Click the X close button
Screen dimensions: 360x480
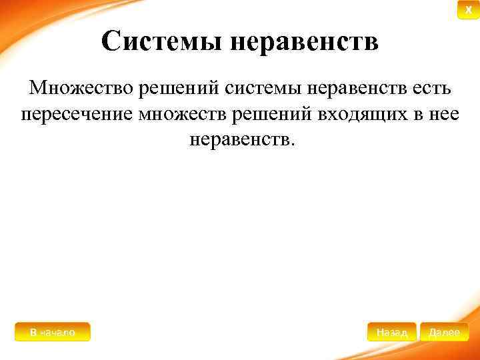(x=467, y=10)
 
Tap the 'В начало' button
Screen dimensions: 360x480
(x=52, y=331)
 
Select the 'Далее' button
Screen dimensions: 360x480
(x=445, y=331)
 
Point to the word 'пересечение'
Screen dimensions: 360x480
(x=77, y=114)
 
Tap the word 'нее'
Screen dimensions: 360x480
(x=443, y=114)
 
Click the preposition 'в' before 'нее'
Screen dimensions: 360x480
(x=415, y=114)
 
